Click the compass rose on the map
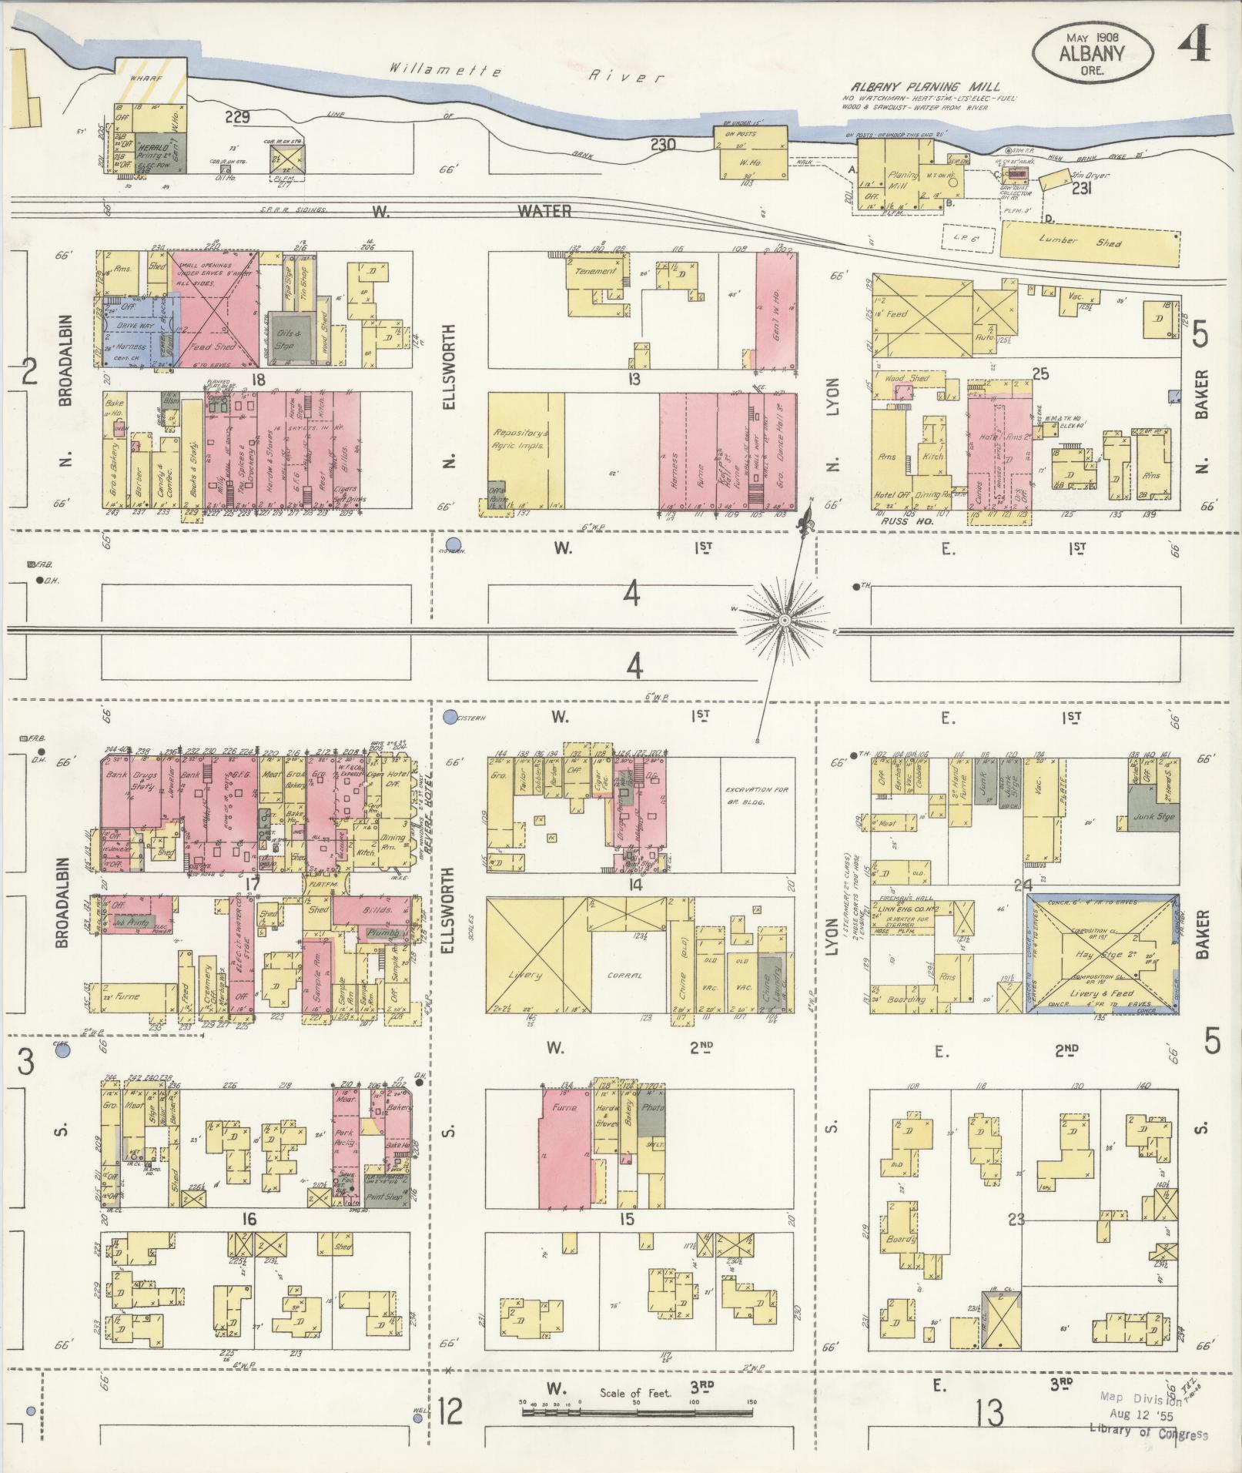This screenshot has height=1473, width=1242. coord(784,620)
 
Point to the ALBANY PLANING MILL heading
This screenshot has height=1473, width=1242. coord(925,87)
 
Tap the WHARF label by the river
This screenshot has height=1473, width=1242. coord(144,79)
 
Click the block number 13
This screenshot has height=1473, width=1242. coord(634,379)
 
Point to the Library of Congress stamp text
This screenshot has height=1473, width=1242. coord(1148,1434)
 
